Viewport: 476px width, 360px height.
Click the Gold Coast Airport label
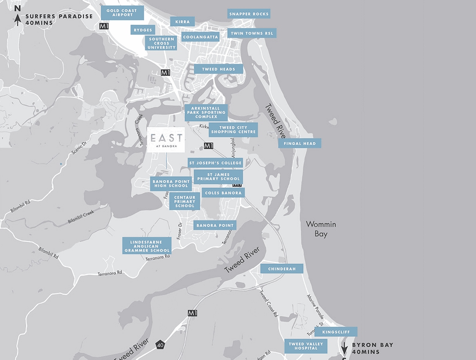[122, 13]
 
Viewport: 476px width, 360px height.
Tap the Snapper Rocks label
[249, 14]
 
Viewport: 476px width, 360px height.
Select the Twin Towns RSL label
[252, 33]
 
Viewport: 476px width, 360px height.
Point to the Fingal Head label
[299, 143]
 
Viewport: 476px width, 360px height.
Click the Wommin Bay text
[321, 229]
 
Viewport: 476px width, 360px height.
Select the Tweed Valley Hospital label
[306, 346]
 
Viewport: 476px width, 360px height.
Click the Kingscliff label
[336, 332]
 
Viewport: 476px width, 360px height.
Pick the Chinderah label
[281, 269]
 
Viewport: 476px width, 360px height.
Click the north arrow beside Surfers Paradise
[18, 19]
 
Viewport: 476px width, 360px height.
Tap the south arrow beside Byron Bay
[344, 347]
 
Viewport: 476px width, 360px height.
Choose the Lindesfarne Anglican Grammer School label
[147, 245]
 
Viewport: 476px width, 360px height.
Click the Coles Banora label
[223, 193]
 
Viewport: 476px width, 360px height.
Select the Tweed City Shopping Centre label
[233, 130]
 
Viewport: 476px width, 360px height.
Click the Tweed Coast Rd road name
[269, 303]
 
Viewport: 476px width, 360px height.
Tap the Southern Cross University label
[161, 43]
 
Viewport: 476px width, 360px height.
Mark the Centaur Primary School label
[185, 201]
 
